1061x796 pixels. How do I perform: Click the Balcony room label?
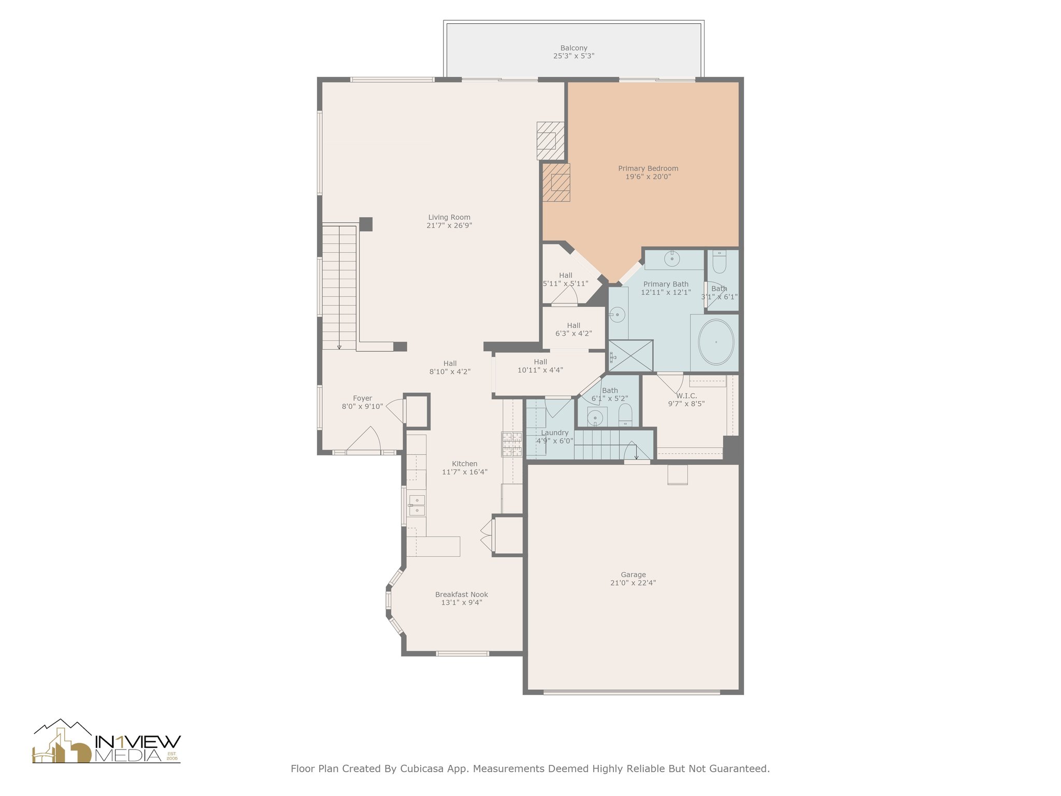point(573,48)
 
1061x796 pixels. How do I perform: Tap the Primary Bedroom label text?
point(648,168)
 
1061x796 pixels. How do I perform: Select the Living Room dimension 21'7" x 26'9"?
point(449,225)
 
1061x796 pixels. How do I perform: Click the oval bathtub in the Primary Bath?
point(716,342)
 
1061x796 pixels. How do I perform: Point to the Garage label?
point(633,574)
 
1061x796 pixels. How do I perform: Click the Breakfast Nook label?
point(462,594)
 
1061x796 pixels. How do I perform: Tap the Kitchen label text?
point(465,464)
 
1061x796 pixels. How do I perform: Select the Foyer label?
point(363,399)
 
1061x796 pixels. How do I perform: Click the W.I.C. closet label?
point(686,396)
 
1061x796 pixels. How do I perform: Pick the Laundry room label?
point(555,433)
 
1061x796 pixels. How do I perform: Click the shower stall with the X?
point(630,356)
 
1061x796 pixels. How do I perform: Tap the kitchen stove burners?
point(511,444)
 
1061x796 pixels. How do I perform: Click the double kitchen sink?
point(417,505)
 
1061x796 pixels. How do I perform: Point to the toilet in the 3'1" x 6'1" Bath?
point(719,262)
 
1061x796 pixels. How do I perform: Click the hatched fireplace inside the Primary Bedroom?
point(556,182)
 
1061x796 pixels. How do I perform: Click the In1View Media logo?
point(107,742)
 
